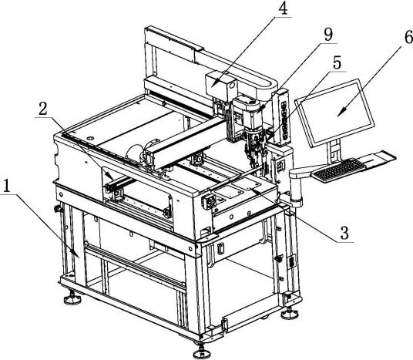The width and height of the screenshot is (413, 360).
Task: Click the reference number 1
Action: [6, 186]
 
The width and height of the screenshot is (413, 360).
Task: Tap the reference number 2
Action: [43, 109]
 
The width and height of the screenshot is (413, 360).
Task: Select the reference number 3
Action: [344, 233]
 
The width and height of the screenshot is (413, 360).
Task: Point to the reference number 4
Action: [282, 8]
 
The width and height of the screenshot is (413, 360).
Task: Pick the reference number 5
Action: [337, 62]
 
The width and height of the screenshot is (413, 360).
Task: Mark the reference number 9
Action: [328, 34]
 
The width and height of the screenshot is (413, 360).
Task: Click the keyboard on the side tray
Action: [339, 170]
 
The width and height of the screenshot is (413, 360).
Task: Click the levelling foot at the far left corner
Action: [72, 298]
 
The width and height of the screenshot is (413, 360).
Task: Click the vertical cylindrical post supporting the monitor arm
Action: [296, 190]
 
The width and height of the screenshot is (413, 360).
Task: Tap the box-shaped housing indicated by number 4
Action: [220, 84]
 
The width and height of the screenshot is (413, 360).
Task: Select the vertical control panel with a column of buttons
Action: [283, 118]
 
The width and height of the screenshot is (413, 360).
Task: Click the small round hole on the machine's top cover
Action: [90, 138]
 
